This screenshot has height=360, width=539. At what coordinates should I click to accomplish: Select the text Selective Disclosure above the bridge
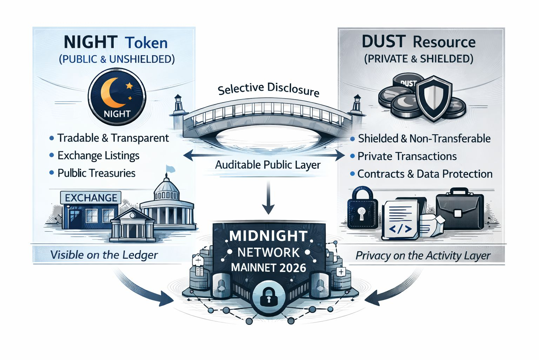[x=268, y=89]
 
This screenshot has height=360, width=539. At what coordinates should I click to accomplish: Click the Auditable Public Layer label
[x=268, y=165]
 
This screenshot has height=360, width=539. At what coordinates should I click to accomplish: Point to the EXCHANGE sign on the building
[x=91, y=198]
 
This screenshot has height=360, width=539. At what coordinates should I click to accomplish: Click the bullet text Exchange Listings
[x=98, y=155]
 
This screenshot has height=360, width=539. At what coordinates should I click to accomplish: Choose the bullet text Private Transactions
[x=407, y=156]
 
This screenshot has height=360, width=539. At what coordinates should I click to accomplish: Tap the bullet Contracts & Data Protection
[x=425, y=174]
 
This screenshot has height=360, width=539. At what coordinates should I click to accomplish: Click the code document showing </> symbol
[x=401, y=220]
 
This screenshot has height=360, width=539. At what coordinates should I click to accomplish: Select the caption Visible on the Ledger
[x=104, y=255]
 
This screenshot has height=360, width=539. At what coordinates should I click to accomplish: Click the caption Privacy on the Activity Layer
[x=423, y=256]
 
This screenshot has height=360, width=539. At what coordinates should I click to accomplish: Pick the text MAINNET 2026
[x=268, y=268]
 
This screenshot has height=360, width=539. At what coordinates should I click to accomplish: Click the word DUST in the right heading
[x=384, y=42]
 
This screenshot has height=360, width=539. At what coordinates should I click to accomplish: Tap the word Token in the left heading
[x=146, y=43]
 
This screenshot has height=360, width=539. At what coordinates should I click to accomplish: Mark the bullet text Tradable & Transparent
[x=113, y=138]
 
